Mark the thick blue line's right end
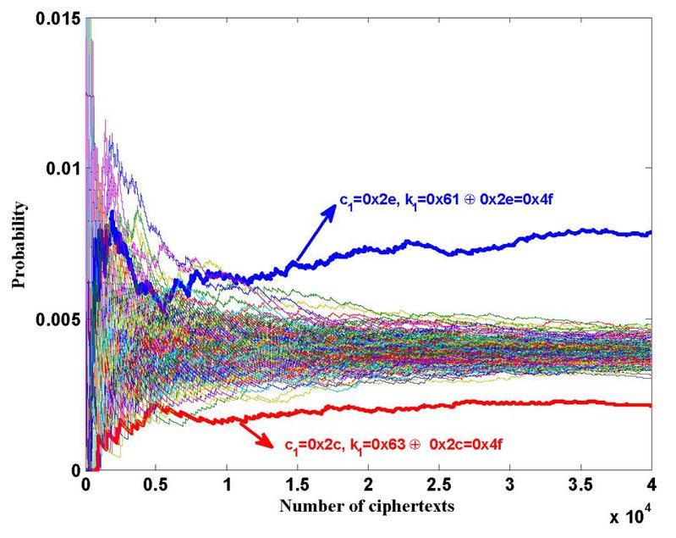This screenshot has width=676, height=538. coord(650,233)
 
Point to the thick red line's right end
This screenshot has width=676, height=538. coord(650,405)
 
